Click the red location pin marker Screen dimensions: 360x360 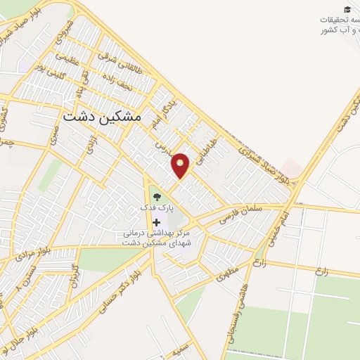(181, 165)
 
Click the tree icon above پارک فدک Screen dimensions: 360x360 (156, 197)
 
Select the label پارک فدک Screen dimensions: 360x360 (156, 210)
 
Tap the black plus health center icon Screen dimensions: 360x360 (156, 222)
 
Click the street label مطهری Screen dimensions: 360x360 (228, 272)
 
